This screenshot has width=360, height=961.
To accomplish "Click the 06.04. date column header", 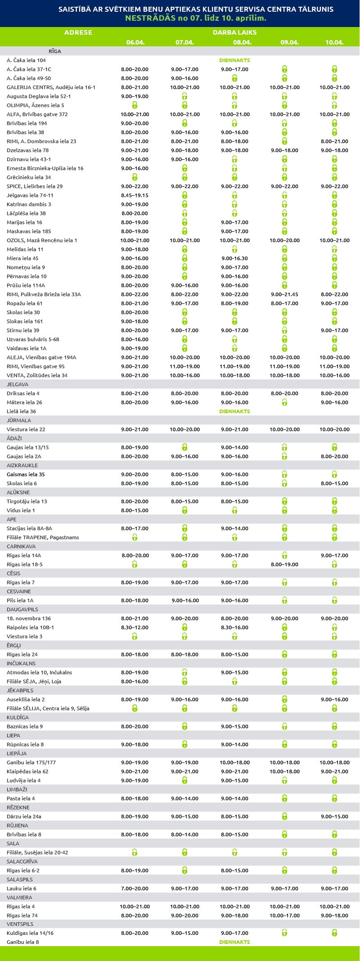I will coord(135,42).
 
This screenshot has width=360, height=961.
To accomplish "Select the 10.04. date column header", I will coord(334,42).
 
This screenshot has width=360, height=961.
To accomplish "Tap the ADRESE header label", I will coord(78,32).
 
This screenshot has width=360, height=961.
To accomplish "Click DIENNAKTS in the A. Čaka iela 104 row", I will coord(234,60).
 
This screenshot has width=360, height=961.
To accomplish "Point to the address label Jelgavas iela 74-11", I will coord(30,195).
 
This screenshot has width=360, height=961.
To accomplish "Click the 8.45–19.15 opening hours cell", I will coord(135,195).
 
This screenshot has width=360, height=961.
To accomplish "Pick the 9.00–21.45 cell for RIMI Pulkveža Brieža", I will coord(284,294).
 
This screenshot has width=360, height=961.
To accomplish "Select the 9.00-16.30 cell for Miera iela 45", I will coord(234,258).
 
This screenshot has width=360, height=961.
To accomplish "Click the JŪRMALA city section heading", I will coord(19,420).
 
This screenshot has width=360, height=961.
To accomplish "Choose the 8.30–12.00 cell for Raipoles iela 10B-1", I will coord(135,627).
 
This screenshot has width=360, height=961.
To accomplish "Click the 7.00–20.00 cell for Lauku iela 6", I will coord(135,889).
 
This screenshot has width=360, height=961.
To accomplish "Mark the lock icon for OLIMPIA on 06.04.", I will coord(135,105).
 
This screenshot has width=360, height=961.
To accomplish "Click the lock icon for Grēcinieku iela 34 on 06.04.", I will coord(135,177).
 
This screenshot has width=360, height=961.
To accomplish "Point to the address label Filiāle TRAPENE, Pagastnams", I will coord(43,537).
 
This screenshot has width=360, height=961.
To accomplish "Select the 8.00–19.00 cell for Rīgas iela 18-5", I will coord(284,564).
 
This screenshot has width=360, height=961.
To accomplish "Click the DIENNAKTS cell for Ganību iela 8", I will coord(234,942).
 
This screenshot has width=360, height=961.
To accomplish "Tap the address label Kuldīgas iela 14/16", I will coord(30,933).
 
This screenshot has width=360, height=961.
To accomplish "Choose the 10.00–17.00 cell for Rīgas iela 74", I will coord(284,916).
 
